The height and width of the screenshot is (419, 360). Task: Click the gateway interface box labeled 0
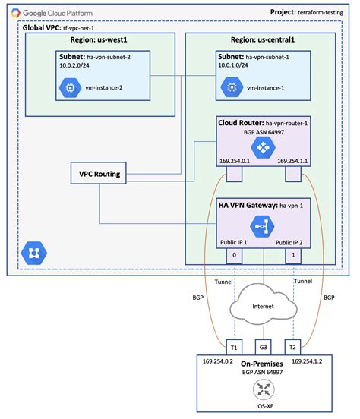pyautogui.click(x=234, y=256)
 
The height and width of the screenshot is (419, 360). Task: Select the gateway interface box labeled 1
pyautogui.click(x=292, y=256)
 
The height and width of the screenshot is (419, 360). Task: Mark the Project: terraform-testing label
pyautogui.click(x=311, y=12)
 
